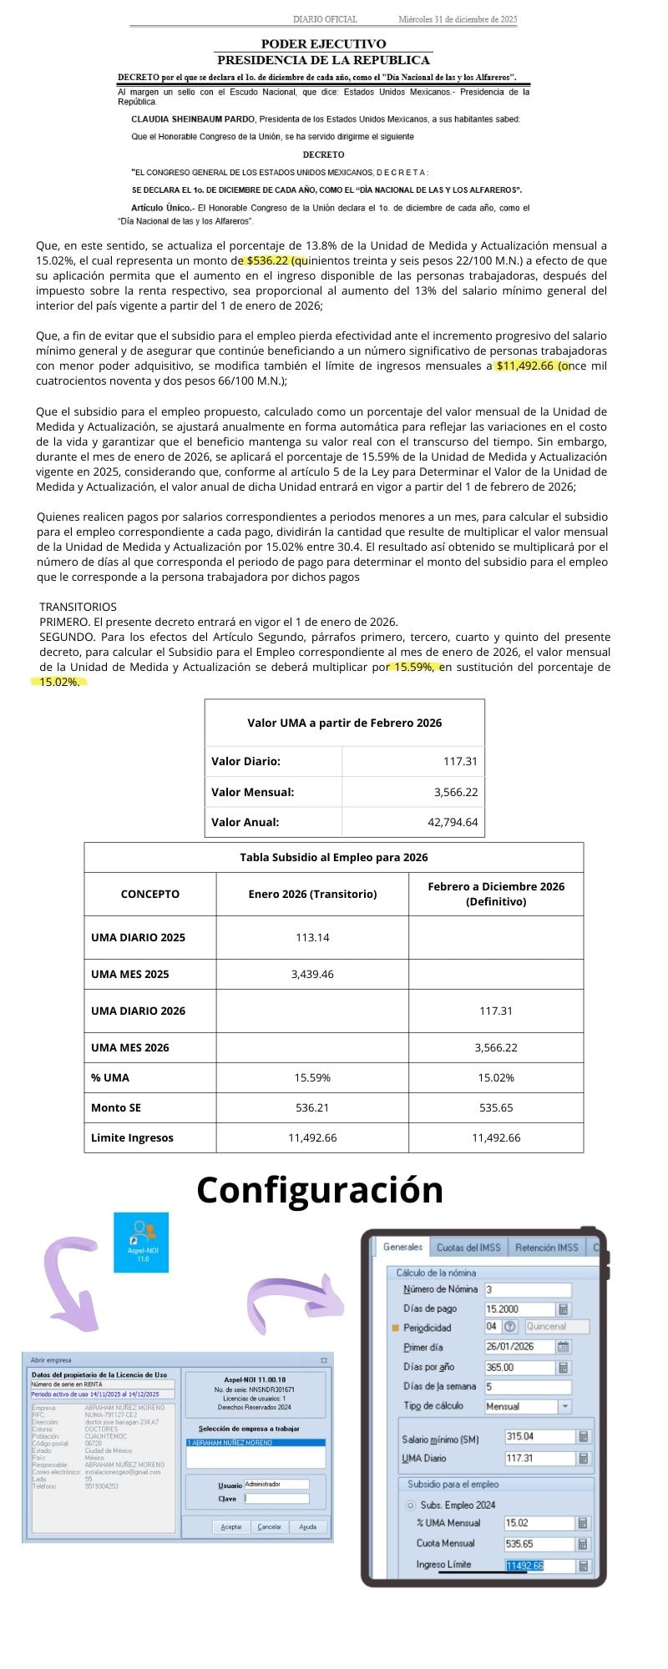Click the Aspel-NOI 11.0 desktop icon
tap(141, 1242)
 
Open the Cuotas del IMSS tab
tap(468, 1248)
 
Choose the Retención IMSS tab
tap(546, 1248)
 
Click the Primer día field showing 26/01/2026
tap(519, 1347)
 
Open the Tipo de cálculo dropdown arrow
tap(565, 1406)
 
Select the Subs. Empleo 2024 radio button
tap(410, 1505)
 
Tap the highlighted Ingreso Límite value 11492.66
tap(524, 1566)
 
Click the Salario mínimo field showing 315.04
tap(539, 1437)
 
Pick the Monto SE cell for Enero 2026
tap(312, 1107)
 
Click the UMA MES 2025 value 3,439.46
tap(312, 974)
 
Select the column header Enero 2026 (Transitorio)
tap(312, 894)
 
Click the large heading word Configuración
tap(320, 1189)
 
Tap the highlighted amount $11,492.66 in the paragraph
tap(526, 366)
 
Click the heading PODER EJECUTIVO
tap(323, 43)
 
